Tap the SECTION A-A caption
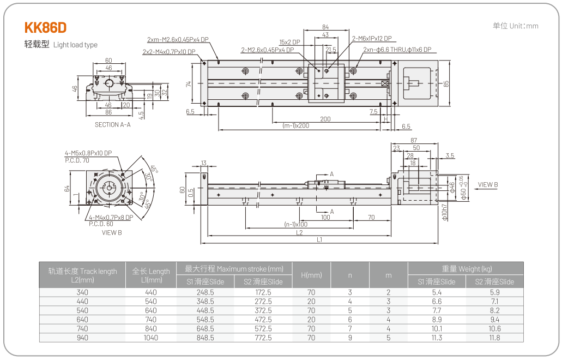coord(113,124)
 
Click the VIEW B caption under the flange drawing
coord(112,232)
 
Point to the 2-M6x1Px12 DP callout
coord(371,39)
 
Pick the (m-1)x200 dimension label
coord(296,125)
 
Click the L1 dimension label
coord(319,239)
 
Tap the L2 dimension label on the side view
coord(299,232)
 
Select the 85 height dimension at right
coord(446,83)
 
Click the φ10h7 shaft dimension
coord(445,212)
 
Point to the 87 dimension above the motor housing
coord(414,141)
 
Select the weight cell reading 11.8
coord(494,338)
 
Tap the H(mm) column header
coord(311,275)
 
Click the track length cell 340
coord(82,292)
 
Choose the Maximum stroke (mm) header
coord(234,268)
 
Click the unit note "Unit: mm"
coord(516,26)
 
